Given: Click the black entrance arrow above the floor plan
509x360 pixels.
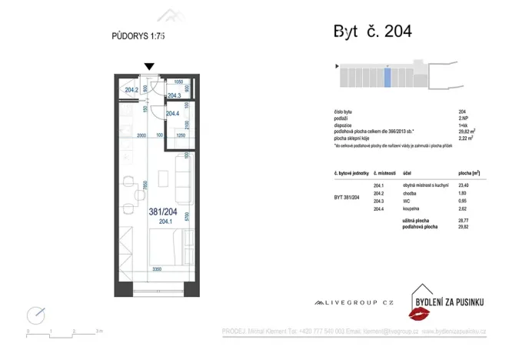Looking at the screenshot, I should [x=149, y=68].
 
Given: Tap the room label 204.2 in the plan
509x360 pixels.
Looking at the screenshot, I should [x=131, y=90].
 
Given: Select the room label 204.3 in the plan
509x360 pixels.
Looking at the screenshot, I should [x=174, y=95].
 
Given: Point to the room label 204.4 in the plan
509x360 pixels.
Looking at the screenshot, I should [x=172, y=114].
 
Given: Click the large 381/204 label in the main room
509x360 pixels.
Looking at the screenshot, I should [x=165, y=211].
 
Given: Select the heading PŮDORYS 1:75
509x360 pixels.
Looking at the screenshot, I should [x=138, y=35].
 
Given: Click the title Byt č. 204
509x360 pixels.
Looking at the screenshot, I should [x=372, y=32].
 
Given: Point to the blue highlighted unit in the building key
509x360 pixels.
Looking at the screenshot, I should [x=388, y=78].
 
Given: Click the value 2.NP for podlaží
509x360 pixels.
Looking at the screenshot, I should [x=462, y=118].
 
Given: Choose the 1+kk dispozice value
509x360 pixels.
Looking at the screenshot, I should [x=461, y=125].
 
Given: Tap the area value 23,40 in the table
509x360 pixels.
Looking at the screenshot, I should [x=464, y=185].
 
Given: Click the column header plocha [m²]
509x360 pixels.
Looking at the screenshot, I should [x=468, y=174].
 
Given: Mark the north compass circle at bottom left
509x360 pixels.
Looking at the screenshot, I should [x=35, y=315].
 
